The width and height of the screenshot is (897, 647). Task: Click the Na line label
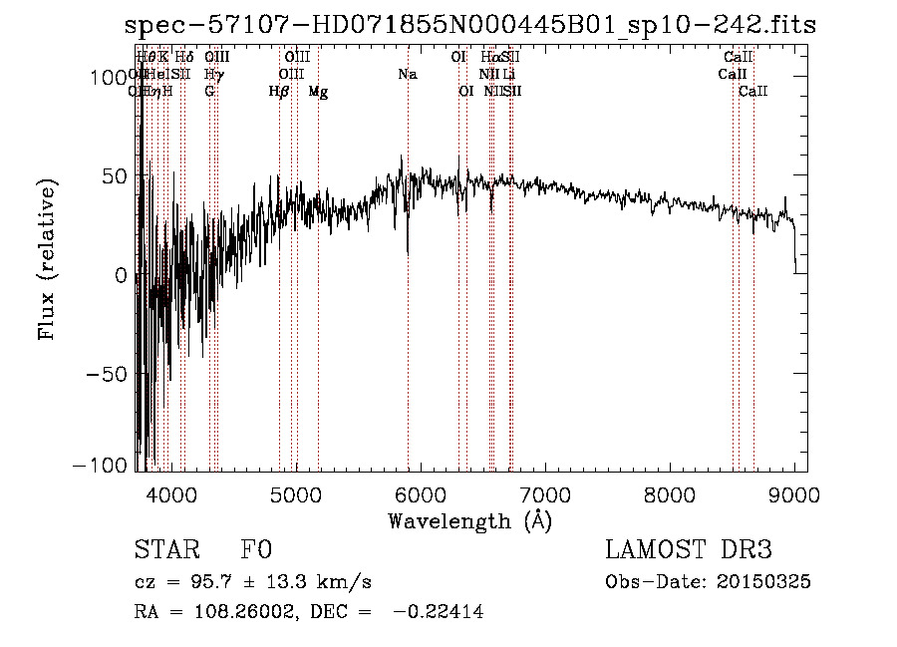[x=407, y=74]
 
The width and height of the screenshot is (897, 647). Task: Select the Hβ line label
[x=279, y=91]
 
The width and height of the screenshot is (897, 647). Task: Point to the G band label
[x=209, y=91]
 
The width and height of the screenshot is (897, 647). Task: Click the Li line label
[x=508, y=74]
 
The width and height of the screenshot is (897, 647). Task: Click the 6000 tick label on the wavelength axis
[x=421, y=493]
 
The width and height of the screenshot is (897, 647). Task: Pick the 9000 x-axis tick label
[x=794, y=493]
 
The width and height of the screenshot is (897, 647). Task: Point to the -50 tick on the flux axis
[x=107, y=373]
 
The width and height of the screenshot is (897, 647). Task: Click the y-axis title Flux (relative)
[x=48, y=259]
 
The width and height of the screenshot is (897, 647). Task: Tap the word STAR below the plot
[x=164, y=549]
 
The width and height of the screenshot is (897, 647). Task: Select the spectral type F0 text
[x=256, y=549]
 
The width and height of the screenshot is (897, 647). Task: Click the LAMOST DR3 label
[x=688, y=549]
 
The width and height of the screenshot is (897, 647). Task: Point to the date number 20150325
[x=764, y=581]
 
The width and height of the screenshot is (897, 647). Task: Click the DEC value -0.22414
[x=439, y=613]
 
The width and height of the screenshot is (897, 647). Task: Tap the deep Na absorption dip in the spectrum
[x=408, y=251]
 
